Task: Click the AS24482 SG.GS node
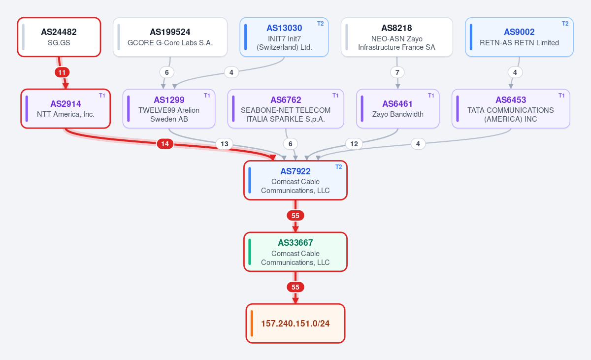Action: tap(59, 37)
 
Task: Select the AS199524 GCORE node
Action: tap(170, 37)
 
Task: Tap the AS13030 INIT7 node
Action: tap(284, 37)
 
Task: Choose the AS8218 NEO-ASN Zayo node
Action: tap(397, 37)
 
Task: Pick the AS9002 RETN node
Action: tap(519, 37)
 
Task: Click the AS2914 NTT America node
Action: tap(66, 109)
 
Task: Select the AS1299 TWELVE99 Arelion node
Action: tap(169, 109)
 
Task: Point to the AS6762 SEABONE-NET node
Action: tap(286, 109)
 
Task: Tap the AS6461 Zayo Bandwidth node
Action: tap(398, 109)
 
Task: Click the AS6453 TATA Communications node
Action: tap(511, 109)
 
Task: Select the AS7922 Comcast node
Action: tap(295, 180)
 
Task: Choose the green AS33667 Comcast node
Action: tap(295, 252)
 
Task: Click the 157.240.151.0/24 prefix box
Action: tap(295, 324)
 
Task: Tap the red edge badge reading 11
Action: tap(62, 72)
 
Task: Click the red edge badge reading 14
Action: tap(165, 144)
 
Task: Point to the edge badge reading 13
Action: tap(225, 144)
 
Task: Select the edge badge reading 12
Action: tap(354, 144)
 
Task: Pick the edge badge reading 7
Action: tap(397, 72)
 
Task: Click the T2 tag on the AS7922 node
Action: tap(339, 166)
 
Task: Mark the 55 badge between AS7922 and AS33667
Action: tap(295, 216)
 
